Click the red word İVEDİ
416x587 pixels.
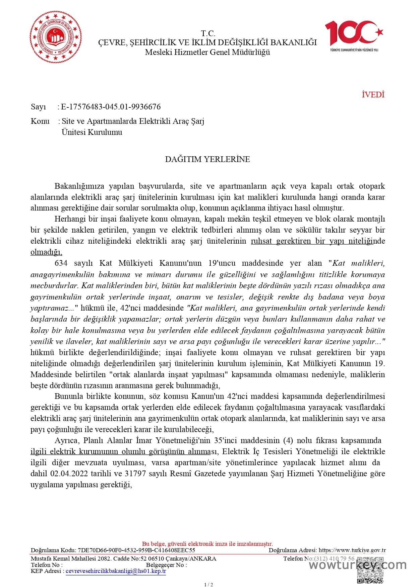click(x=373, y=95)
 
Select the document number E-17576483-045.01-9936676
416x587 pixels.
click(x=111, y=107)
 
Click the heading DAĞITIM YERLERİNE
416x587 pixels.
click(x=207, y=159)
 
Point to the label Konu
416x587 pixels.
click(x=40, y=121)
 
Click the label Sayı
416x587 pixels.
click(x=38, y=107)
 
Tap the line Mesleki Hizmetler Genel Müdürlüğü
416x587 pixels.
click(x=207, y=52)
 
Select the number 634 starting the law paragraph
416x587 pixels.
click(x=61, y=263)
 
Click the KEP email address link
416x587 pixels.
click(x=116, y=571)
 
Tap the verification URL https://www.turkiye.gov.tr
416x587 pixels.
click(x=352, y=550)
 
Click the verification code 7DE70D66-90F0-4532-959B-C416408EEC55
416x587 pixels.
click(x=136, y=550)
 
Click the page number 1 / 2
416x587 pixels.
click(x=208, y=584)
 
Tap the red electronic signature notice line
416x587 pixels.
click(x=207, y=544)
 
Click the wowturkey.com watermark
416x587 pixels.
click(x=357, y=565)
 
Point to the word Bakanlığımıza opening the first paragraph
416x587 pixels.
click(x=79, y=186)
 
